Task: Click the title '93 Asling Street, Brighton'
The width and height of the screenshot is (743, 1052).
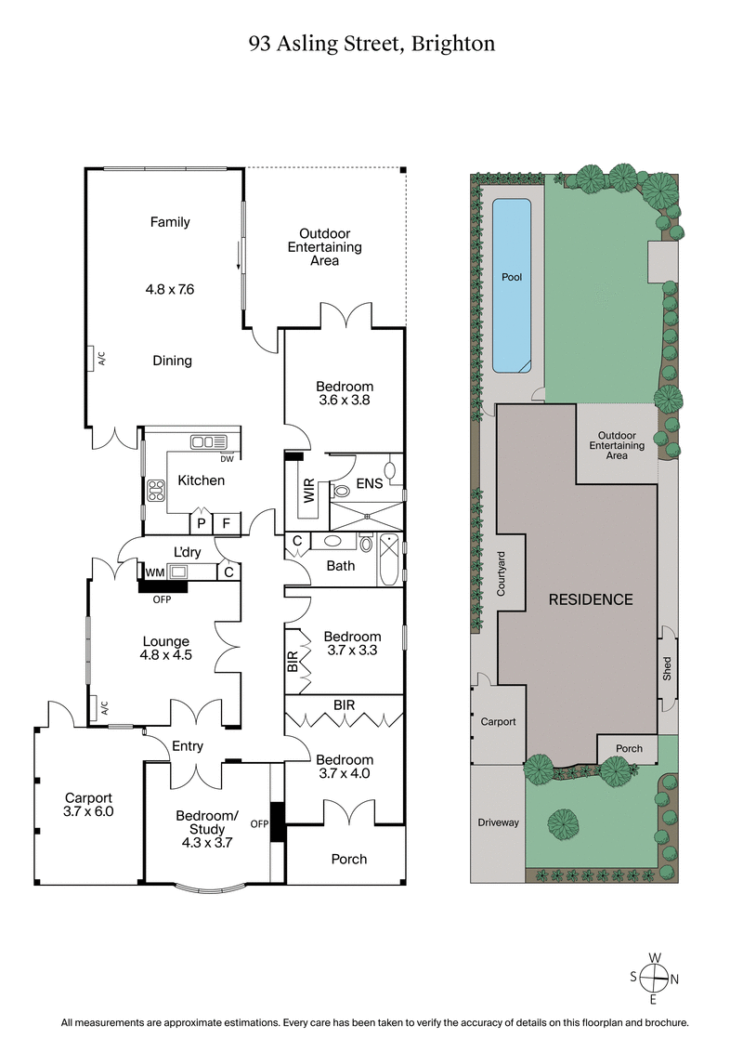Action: pos(371,43)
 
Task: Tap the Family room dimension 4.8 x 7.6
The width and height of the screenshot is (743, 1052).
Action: pos(169,289)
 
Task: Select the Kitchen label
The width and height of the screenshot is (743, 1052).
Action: pos(201,480)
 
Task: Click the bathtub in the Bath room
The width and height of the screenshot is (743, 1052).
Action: pos(388,560)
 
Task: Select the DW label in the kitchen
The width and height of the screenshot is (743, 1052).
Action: pos(226,458)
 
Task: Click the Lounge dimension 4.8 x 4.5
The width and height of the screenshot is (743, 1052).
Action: pos(165,656)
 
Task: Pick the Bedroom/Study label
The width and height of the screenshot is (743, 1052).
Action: pos(207,823)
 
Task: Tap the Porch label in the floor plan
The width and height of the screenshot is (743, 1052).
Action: pos(349,859)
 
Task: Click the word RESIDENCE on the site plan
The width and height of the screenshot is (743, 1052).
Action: pos(591,599)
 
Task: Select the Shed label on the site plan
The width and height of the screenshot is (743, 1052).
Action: pos(667,668)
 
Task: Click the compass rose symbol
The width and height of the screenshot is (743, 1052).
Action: pos(655,977)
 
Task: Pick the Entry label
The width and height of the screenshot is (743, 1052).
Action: pos(188,746)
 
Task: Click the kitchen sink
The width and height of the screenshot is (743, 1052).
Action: pos(202,442)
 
